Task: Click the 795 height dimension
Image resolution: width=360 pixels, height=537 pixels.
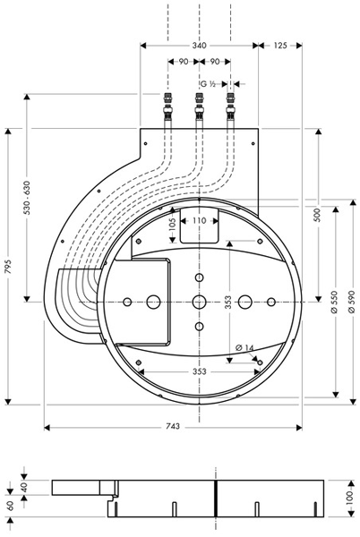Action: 10,265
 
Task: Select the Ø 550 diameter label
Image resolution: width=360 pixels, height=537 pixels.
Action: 334,301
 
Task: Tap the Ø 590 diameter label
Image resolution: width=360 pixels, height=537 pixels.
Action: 351,301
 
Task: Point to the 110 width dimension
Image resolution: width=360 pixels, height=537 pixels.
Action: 198,219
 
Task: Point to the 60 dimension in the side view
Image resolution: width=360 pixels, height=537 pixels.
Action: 10,507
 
